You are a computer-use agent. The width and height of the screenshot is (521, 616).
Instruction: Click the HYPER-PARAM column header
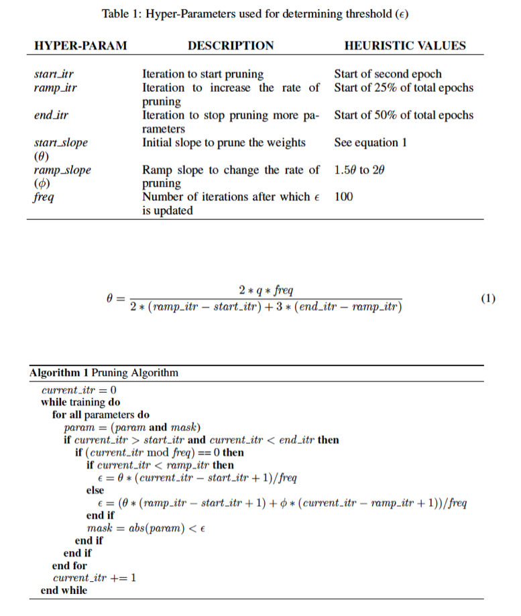click(80, 46)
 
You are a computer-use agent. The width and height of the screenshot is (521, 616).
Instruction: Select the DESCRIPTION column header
click(231, 46)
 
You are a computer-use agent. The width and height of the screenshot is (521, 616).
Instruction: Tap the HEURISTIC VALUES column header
click(404, 46)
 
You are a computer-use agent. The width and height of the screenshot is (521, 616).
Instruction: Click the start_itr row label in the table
click(53, 74)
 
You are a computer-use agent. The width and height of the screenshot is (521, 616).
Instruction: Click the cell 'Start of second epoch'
click(388, 74)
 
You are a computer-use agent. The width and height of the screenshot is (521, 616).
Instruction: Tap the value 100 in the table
click(343, 197)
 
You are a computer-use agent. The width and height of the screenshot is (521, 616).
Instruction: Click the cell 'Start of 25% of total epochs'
click(403, 88)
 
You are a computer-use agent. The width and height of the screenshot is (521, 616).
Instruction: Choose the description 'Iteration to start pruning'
click(202, 74)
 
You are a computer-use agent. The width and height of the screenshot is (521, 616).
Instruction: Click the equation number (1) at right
click(488, 298)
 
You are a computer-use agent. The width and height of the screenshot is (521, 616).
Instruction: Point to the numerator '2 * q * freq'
click(266, 290)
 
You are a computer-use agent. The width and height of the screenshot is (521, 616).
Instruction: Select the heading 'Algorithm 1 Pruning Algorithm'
click(104, 373)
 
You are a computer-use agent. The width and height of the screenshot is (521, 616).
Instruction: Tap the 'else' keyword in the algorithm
click(96, 490)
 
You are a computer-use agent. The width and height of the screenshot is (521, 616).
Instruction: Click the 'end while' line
click(64, 591)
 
